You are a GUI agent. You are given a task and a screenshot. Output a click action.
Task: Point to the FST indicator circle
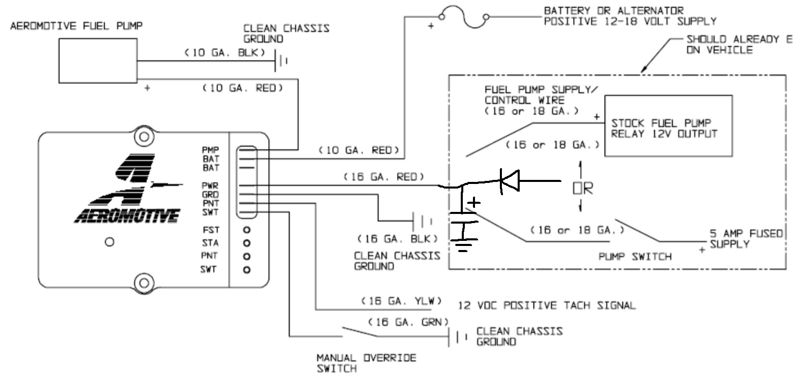[x=247, y=230]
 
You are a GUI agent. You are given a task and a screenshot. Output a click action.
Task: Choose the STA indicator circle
[x=247, y=243]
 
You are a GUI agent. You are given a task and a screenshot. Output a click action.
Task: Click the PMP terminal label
[x=211, y=150]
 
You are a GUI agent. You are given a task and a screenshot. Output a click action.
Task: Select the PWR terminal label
[x=210, y=185]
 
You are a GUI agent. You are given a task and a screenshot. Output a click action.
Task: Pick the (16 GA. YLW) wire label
[x=401, y=301]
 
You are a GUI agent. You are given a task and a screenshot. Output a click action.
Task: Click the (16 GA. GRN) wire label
[x=408, y=322]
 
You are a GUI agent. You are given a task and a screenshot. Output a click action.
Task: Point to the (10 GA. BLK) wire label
[x=225, y=52]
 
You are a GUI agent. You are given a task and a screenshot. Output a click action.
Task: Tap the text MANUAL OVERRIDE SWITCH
[x=366, y=363]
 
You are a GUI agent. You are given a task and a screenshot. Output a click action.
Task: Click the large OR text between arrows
[x=583, y=188]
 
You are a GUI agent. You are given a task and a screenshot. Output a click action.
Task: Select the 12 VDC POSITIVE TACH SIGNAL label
[x=547, y=305]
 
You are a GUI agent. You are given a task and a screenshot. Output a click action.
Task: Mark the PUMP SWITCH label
[x=635, y=257]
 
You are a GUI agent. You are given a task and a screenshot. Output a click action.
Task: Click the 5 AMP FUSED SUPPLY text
[x=746, y=239]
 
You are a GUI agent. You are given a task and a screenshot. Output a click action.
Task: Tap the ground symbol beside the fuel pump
[x=281, y=60]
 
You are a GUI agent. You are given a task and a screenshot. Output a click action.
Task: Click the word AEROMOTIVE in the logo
[x=127, y=215]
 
